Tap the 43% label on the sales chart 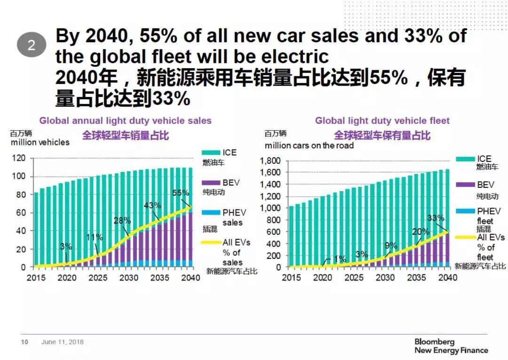(152, 205)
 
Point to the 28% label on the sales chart (122, 221)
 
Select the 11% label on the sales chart (95, 237)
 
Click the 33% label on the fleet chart (436, 218)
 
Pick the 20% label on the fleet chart (421, 232)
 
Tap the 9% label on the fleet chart (391, 245)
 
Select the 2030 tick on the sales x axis (129, 278)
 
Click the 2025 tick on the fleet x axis (354, 278)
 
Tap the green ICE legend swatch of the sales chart (211, 153)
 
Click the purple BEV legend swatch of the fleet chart (465, 185)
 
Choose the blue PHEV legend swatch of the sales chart (211, 213)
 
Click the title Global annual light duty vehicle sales (125, 120)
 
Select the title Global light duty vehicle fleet (382, 120)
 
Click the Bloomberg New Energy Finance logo (451, 346)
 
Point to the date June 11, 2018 (62, 342)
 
